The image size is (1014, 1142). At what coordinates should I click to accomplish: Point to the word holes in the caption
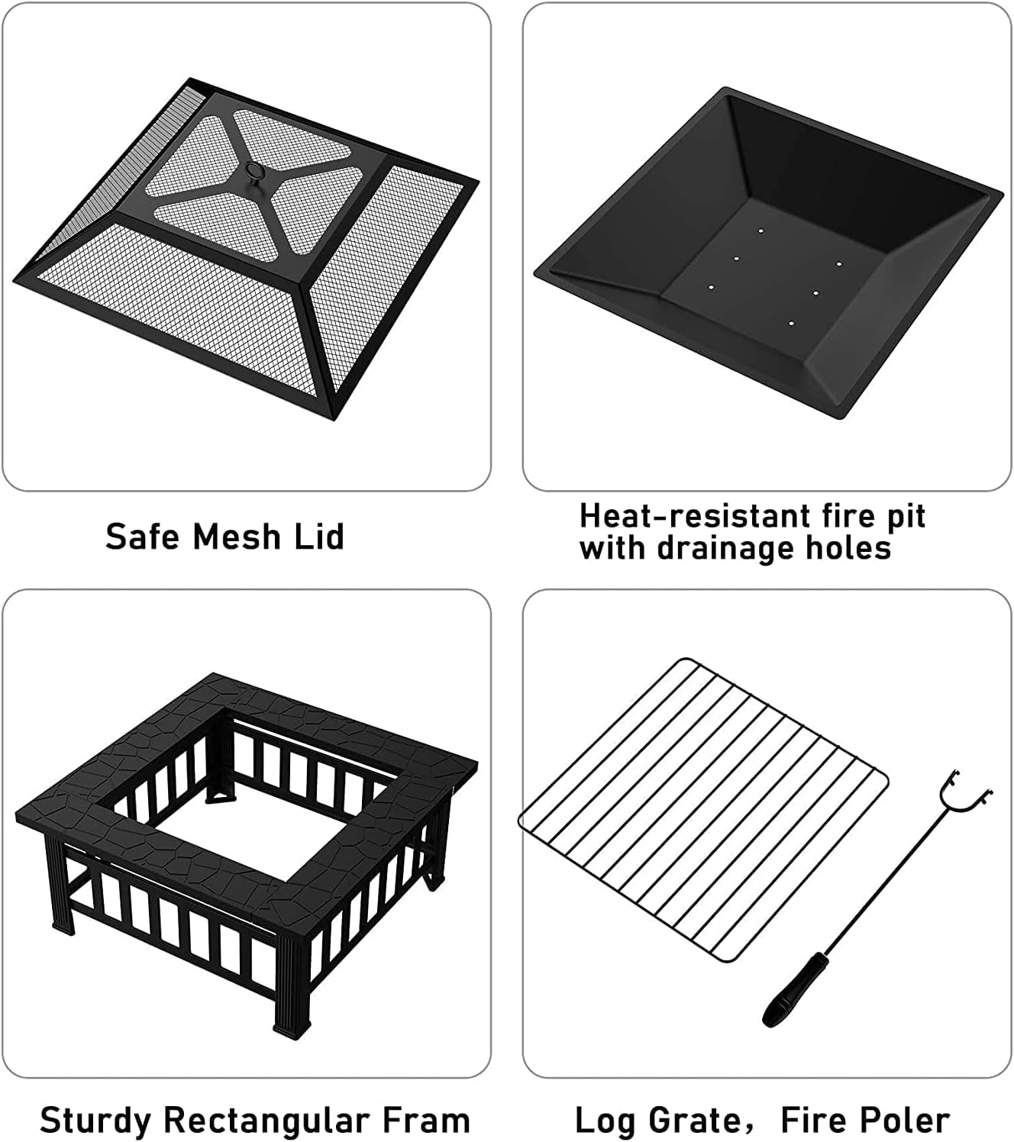pos(854,548)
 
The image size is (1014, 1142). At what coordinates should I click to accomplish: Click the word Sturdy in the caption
pos(95,1121)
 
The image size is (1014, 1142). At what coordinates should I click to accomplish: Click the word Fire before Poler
pos(815,1121)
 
